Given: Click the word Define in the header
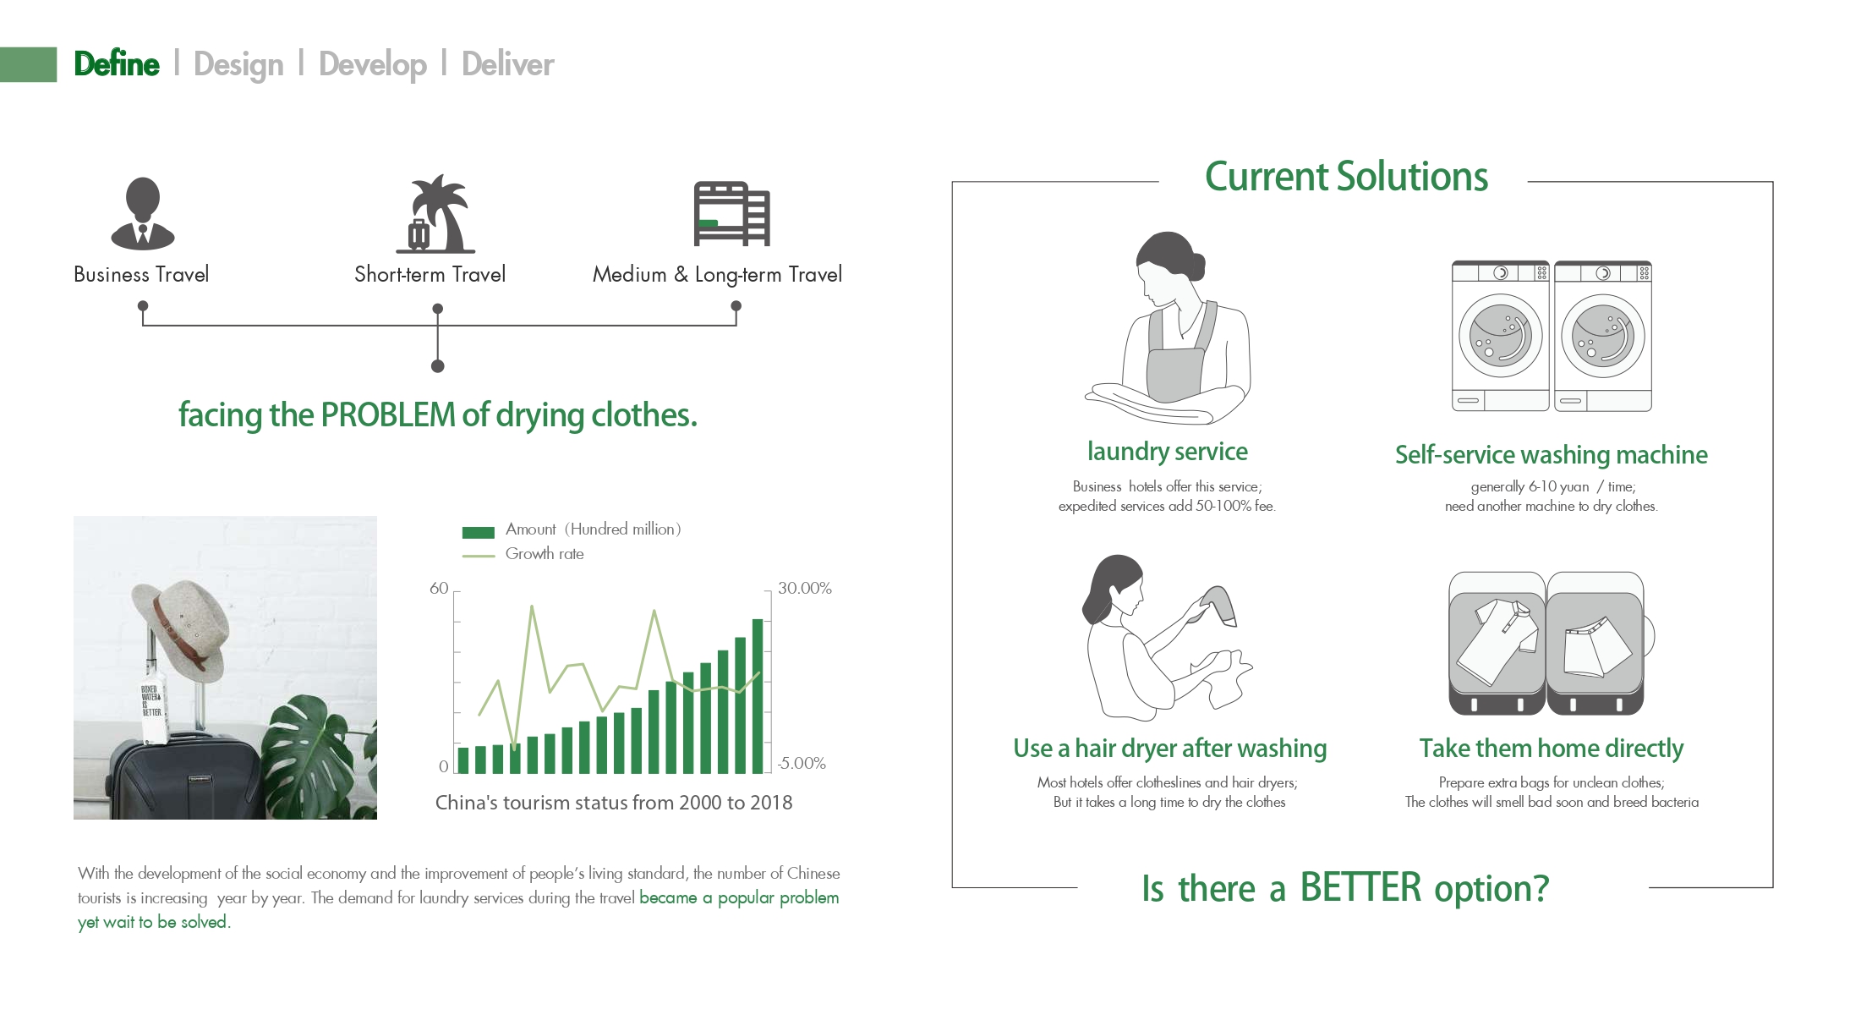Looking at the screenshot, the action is [x=117, y=64].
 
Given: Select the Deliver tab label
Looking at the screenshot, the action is [x=507, y=64].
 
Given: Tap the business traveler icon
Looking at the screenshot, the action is [x=143, y=213].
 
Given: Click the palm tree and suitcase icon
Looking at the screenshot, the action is [x=435, y=214].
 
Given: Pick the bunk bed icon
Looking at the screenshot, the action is [x=731, y=213].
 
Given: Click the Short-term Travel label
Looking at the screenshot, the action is [x=430, y=274].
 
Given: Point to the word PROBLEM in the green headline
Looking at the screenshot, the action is [x=388, y=414].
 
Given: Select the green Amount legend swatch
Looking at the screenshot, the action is [x=478, y=532].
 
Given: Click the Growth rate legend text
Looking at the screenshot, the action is [x=545, y=554].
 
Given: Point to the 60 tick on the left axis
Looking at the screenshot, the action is [x=439, y=588].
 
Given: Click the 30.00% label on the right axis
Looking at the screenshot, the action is [x=805, y=588].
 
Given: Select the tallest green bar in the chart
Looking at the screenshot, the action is [x=758, y=696].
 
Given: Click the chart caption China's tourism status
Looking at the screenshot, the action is [x=614, y=803].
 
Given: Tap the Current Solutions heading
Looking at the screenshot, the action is [x=1346, y=177].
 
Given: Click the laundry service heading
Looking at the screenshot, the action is [x=1167, y=452].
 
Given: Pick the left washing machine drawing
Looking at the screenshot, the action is [x=1501, y=336].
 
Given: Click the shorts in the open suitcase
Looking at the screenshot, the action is [x=1595, y=646].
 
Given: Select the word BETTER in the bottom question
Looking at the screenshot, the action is [x=1360, y=888].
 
